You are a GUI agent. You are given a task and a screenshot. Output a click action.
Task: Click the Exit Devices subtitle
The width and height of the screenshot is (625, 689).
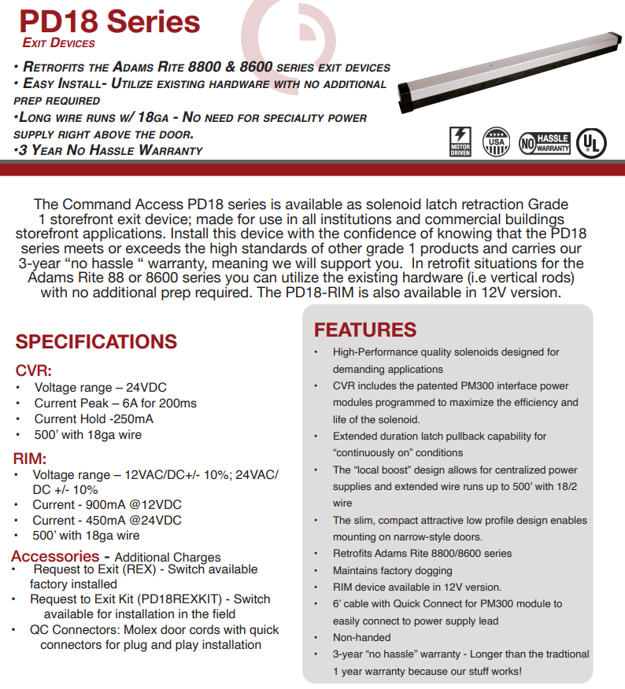click(59, 43)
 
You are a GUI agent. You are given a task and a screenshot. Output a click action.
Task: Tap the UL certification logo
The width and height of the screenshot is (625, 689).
click(591, 142)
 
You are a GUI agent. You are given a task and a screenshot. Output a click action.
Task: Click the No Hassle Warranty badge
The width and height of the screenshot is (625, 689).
click(545, 142)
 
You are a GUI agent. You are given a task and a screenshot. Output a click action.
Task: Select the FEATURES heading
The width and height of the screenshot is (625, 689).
click(365, 330)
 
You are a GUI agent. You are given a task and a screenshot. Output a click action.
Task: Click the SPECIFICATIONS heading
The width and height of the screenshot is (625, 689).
click(96, 341)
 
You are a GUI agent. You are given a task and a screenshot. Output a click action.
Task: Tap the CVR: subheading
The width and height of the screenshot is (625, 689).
click(34, 370)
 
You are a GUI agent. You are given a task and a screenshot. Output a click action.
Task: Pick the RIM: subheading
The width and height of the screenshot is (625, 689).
click(30, 459)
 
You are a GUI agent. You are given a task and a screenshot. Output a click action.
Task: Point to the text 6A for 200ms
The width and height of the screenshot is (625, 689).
click(157, 403)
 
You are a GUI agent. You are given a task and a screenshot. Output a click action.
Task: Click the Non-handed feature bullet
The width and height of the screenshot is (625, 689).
click(361, 637)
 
